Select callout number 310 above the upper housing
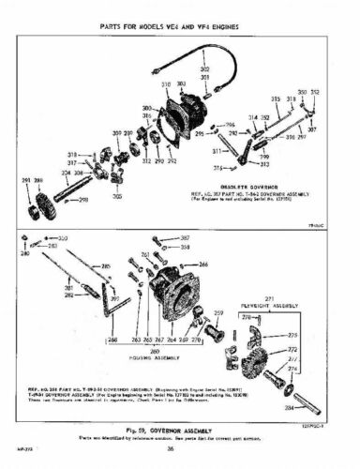coord(166,85)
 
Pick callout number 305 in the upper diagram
coord(117,197)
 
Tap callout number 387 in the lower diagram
coord(185,238)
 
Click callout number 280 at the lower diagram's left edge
coord(25,253)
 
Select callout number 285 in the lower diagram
coord(105,266)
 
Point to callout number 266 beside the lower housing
coord(203,265)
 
